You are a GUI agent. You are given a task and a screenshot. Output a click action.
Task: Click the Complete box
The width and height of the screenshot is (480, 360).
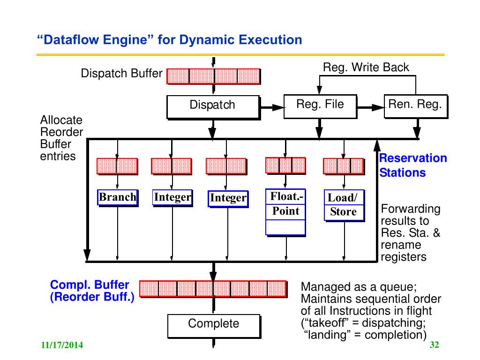pos(213,325)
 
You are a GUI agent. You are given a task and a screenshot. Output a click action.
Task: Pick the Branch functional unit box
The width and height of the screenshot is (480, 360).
pos(117,197)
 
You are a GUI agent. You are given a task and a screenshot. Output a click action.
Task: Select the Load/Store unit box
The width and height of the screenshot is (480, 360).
pos(343,205)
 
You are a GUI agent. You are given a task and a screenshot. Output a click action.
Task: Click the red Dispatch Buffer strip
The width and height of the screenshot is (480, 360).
pos(213,76)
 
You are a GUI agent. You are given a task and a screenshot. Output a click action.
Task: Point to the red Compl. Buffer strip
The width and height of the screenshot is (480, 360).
pos(213,289)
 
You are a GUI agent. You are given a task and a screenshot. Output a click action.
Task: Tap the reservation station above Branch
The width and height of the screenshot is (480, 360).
pos(117,166)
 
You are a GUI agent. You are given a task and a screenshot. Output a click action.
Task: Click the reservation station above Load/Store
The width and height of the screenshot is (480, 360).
pos(343,165)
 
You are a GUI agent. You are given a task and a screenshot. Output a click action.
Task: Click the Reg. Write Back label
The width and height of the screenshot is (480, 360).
pos(366,67)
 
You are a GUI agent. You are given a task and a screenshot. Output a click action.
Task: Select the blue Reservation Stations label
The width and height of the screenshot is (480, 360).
pos(412,165)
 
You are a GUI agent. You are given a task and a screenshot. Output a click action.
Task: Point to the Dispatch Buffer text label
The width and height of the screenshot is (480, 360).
pos(121,74)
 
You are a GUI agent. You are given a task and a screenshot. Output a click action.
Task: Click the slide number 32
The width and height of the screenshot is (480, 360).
pos(434,345)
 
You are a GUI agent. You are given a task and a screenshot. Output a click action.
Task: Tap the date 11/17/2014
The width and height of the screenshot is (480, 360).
pos(61,346)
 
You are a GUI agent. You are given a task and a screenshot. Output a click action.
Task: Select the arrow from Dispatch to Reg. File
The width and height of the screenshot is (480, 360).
pos(272,107)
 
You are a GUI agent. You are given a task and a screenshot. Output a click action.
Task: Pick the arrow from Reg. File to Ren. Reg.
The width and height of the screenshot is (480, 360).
pos(370,107)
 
